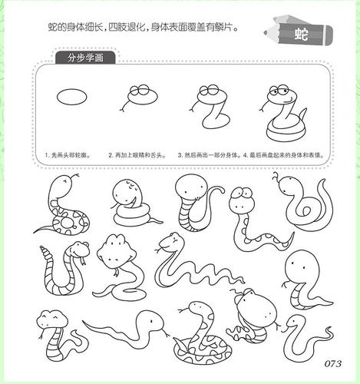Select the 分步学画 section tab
(86, 58)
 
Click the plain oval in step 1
(68, 99)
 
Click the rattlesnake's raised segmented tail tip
(45, 251)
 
